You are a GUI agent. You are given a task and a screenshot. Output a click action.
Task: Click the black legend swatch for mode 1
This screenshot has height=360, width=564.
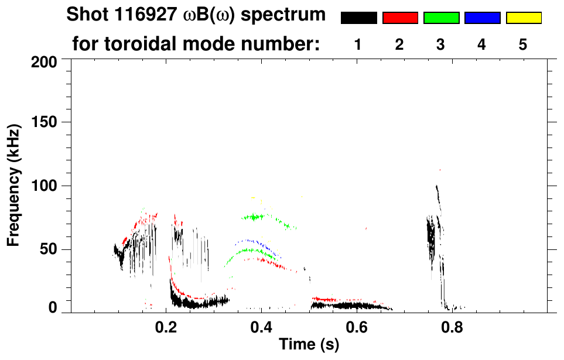coord(358,18)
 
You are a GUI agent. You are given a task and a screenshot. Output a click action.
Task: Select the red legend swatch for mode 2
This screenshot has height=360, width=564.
coord(400,18)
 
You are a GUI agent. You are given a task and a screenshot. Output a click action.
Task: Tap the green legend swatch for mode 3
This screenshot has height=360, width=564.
coord(441,18)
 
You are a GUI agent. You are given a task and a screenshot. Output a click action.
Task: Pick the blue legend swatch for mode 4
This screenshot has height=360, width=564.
coord(482,18)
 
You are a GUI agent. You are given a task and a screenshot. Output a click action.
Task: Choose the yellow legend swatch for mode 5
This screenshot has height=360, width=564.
coord(523,18)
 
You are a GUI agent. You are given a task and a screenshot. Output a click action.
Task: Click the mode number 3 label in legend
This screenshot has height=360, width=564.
coord(441,44)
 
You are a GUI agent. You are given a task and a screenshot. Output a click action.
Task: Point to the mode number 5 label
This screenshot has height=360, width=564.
coord(523,44)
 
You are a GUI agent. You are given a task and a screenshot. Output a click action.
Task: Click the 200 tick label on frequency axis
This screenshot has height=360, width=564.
coord(44,61)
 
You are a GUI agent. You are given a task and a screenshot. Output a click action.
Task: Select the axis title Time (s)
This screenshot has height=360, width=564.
coord(308,345)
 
